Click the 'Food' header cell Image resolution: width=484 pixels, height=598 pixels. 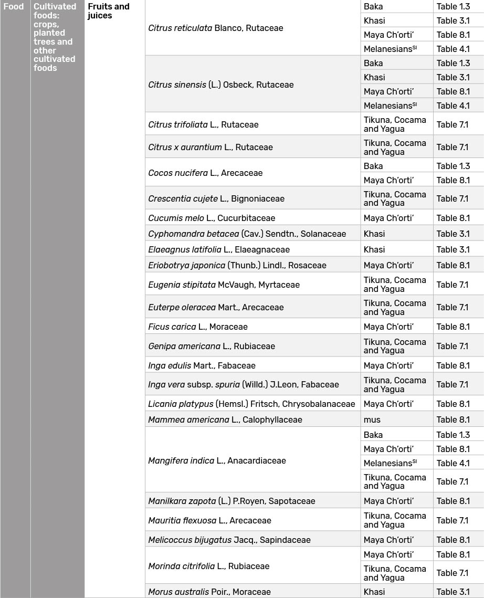(x=14, y=7)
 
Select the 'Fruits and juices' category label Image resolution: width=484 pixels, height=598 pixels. (x=109, y=11)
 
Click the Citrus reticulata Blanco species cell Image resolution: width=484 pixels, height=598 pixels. (x=216, y=28)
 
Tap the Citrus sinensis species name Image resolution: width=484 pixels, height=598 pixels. (x=221, y=85)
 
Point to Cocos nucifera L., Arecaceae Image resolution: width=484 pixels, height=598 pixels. (x=205, y=173)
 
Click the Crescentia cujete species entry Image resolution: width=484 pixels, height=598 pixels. (x=216, y=198)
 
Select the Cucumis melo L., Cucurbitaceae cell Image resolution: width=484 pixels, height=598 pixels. (x=212, y=218)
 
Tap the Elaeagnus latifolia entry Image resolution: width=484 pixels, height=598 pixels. (x=219, y=249)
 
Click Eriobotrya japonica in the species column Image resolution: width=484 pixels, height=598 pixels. (x=237, y=265)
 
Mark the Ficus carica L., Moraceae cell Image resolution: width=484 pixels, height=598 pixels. (x=198, y=327)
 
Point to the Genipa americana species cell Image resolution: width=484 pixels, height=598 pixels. (x=212, y=346)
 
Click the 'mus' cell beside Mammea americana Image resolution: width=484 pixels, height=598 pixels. (x=372, y=419)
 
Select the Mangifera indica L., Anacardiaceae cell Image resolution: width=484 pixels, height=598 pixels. (x=217, y=460)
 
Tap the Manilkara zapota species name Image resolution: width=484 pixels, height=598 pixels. (x=232, y=501)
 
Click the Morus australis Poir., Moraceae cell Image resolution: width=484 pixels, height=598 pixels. (x=209, y=592)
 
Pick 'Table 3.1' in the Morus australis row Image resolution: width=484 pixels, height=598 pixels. (x=453, y=592)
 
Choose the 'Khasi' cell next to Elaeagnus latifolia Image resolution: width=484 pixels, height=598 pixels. (x=374, y=249)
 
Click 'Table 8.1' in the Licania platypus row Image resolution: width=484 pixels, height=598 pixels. (x=453, y=404)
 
